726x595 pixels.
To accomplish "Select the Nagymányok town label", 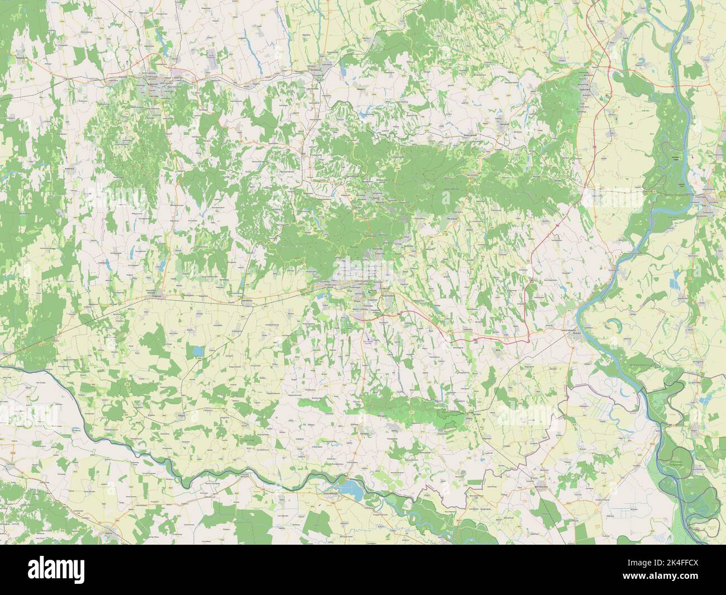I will [472, 135].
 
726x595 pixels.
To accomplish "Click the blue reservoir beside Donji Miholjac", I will [351, 488].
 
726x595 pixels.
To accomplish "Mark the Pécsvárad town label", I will [453, 220].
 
